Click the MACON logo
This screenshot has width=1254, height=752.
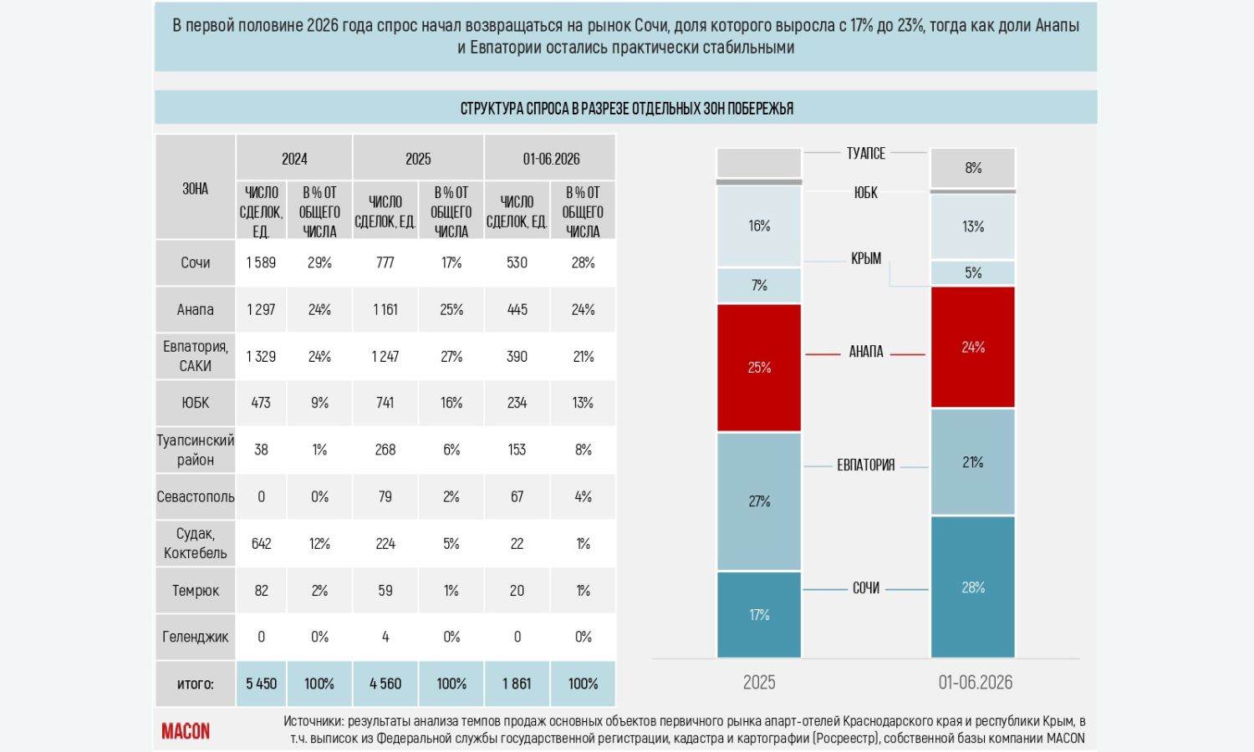(186, 731)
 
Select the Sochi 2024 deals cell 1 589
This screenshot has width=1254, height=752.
(261, 262)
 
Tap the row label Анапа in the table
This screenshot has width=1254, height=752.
(195, 309)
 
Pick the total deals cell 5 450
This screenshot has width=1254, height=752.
(261, 683)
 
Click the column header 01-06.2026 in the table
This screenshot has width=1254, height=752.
(551, 159)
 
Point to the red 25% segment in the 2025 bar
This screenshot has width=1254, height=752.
(759, 368)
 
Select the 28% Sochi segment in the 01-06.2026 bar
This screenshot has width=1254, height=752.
(973, 587)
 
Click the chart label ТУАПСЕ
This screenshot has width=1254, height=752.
(865, 153)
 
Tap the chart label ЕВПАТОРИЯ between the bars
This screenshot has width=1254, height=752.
(865, 465)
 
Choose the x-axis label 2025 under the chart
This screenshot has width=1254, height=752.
(759, 682)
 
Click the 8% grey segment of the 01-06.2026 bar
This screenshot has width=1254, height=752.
(973, 168)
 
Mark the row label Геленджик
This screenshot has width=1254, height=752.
(195, 637)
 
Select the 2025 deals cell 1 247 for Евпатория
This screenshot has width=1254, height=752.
(385, 357)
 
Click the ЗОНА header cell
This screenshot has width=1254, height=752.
(195, 188)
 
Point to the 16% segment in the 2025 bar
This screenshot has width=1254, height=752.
(759, 226)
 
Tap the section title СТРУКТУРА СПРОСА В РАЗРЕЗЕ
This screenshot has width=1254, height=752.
(626, 108)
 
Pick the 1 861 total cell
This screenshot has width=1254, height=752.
(517, 683)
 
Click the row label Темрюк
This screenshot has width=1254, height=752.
(195, 590)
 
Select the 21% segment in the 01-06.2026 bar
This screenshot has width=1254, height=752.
(973, 462)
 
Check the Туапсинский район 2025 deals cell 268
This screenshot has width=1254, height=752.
(385, 450)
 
